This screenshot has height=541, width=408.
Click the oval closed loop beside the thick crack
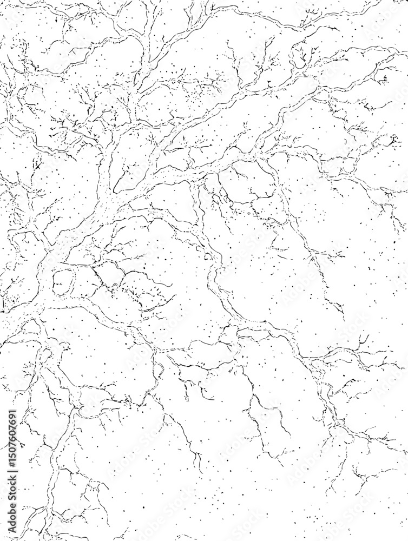64,281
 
